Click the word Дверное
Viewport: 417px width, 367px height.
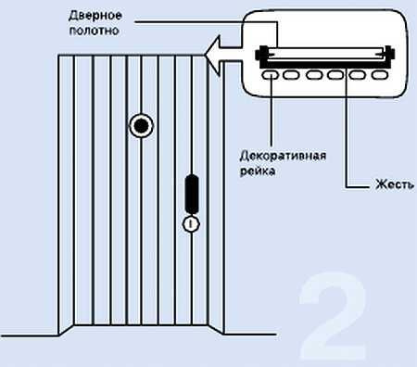point(95,16)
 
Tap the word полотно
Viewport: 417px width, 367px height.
point(95,31)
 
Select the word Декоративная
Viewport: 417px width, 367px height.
point(283,156)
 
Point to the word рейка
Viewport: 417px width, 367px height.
point(258,171)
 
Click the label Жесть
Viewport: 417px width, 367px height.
point(395,184)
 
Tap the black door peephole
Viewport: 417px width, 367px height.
point(141,126)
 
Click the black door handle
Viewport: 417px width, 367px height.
point(192,194)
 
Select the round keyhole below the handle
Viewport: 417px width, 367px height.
point(191,224)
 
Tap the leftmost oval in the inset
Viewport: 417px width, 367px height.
point(271,75)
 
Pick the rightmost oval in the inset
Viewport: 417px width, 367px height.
point(380,75)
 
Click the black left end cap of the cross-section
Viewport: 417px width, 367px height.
point(261,54)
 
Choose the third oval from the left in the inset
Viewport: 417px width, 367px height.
point(314,75)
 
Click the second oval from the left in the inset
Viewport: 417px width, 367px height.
point(291,75)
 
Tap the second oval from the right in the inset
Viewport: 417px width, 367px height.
point(358,75)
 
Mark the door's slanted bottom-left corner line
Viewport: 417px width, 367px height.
point(66,330)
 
